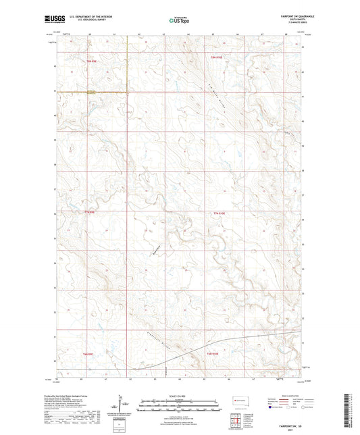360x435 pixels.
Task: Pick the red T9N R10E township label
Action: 216,61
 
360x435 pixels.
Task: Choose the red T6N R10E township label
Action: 213,353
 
